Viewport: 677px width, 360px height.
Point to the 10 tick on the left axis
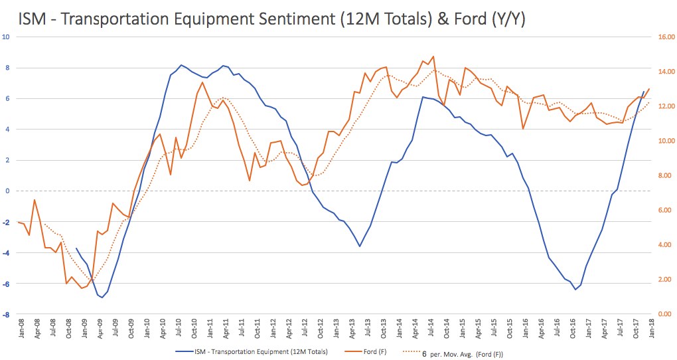point(7,37)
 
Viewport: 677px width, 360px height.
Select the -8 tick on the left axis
point(7,314)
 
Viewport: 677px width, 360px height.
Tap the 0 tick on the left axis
point(8,191)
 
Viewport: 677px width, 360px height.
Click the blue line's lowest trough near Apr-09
point(102,298)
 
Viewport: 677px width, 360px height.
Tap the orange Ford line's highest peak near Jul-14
point(433,56)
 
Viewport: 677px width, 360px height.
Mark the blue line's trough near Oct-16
point(575,290)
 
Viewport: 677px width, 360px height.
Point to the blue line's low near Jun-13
point(360,246)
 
